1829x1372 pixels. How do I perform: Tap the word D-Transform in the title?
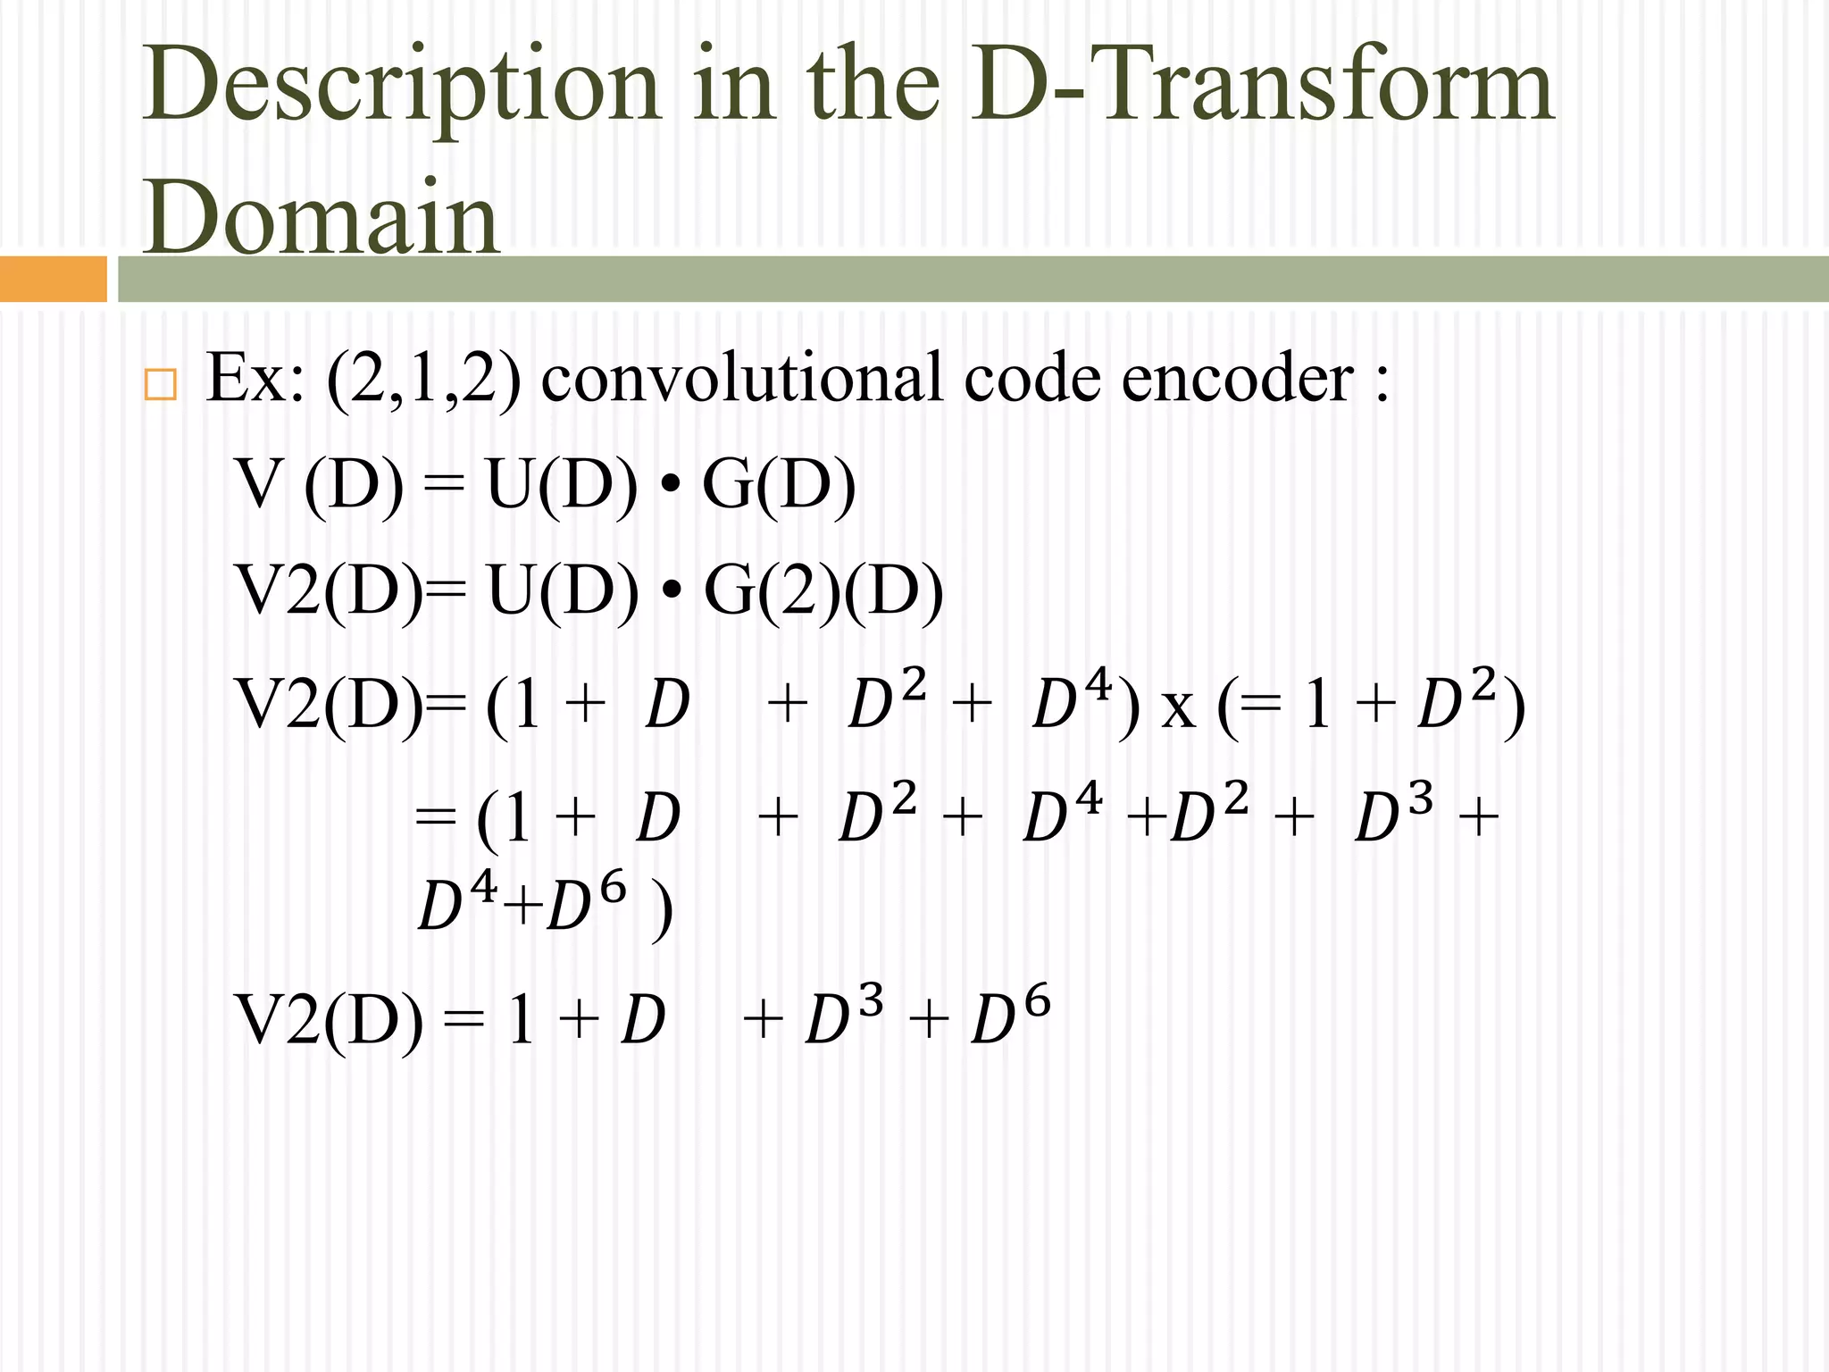(1263, 86)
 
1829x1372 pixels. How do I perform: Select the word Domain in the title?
(321, 218)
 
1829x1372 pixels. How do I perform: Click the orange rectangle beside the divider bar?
(53, 279)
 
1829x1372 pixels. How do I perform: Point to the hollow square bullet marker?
(160, 384)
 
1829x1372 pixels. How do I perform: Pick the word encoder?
(1237, 379)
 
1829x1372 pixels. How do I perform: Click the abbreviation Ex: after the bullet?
(255, 379)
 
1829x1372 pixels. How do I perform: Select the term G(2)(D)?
(823, 592)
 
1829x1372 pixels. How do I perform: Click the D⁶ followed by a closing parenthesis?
(586, 904)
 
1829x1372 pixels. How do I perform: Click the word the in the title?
(873, 86)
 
